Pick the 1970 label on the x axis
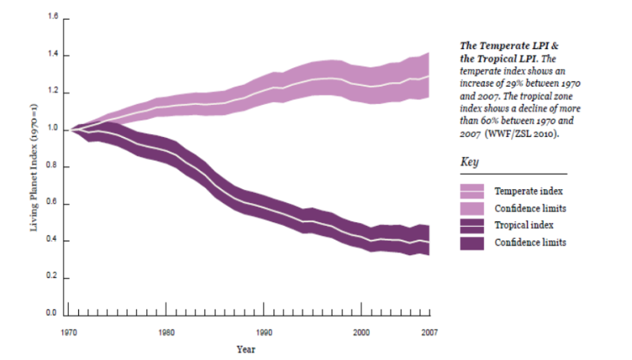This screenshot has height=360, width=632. click(x=68, y=332)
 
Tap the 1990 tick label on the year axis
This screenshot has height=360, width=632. click(x=264, y=332)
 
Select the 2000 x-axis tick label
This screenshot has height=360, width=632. click(x=362, y=332)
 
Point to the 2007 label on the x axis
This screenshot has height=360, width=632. click(x=430, y=332)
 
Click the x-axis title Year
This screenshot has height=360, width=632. click(x=246, y=349)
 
